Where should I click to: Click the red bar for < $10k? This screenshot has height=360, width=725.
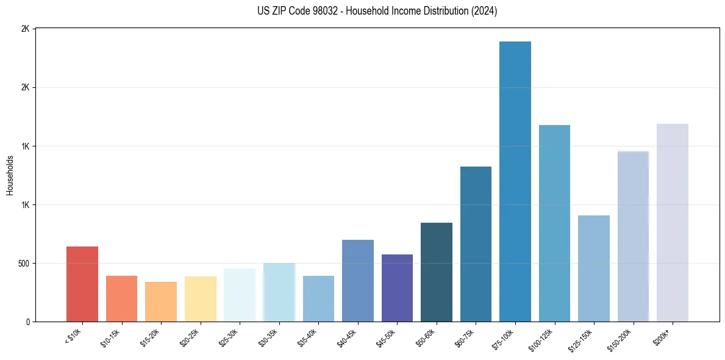click(82, 284)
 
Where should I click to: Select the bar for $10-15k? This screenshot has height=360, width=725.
click(121, 299)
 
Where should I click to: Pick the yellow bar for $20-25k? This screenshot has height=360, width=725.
click(200, 299)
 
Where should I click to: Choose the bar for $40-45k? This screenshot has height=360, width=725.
click(357, 281)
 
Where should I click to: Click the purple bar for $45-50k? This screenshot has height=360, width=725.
click(397, 288)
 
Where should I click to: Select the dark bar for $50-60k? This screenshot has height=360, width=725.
click(436, 272)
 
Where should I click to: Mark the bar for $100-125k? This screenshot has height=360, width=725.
click(554, 223)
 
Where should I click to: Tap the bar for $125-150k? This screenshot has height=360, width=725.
click(593, 268)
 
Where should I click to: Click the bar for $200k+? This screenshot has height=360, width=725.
click(672, 223)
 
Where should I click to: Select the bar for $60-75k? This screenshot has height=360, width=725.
click(476, 244)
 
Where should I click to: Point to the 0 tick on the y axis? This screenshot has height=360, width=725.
click(28, 322)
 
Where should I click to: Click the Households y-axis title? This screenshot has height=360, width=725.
click(10, 175)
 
